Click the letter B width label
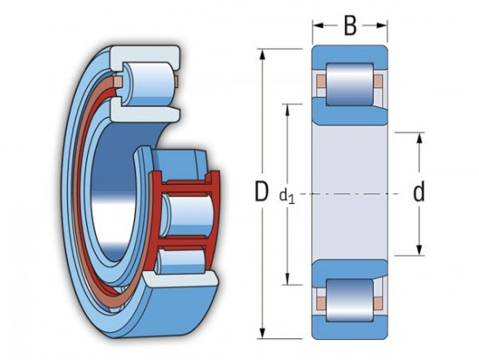click(350, 25)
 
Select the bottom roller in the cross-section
click(349, 301)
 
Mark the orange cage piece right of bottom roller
click(377, 302)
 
